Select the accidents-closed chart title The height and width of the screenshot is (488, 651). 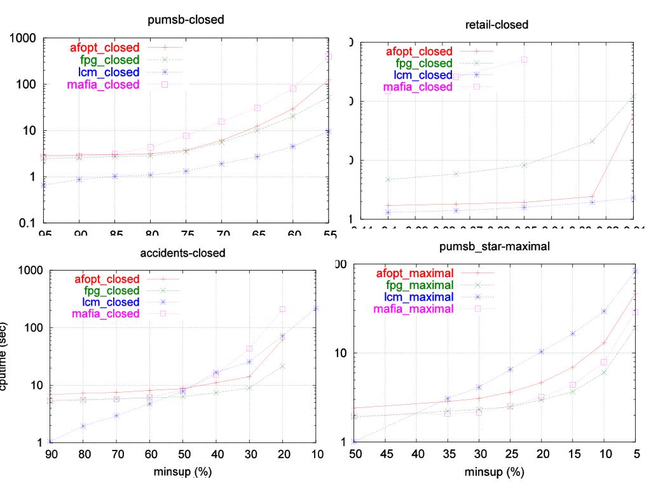click(x=182, y=252)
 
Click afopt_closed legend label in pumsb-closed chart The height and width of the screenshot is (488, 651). click(x=106, y=47)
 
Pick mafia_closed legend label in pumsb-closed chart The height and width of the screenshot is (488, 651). click(x=106, y=84)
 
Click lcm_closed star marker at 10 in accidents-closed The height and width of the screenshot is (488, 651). click(x=316, y=308)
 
